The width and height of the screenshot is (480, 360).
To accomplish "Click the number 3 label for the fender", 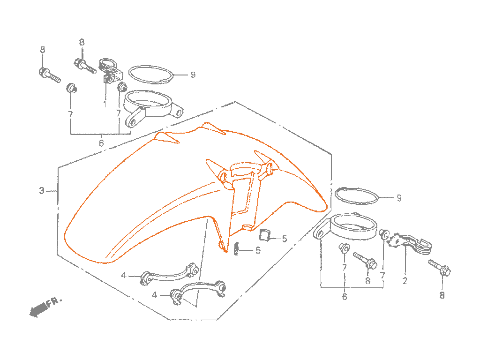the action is click(x=42, y=191).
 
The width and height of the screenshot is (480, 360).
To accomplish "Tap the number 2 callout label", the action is click(x=405, y=281).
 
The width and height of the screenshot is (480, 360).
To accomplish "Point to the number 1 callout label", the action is click(x=105, y=104).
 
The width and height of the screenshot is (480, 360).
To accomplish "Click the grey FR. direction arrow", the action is click(x=38, y=309).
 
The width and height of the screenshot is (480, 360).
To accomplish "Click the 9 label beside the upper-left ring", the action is click(x=193, y=75).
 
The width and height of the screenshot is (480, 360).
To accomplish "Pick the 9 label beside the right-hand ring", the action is click(x=399, y=198).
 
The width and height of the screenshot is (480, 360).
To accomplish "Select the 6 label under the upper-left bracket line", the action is click(x=101, y=142).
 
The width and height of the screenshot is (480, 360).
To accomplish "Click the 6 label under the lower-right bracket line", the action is click(x=345, y=297).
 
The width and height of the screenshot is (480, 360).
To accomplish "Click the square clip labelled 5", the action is click(x=264, y=235).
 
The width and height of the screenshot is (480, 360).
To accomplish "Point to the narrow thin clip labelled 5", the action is click(x=236, y=248).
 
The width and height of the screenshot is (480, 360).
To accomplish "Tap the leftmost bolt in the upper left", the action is click(x=49, y=75).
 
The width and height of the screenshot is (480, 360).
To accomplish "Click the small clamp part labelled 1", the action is click(x=110, y=71).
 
